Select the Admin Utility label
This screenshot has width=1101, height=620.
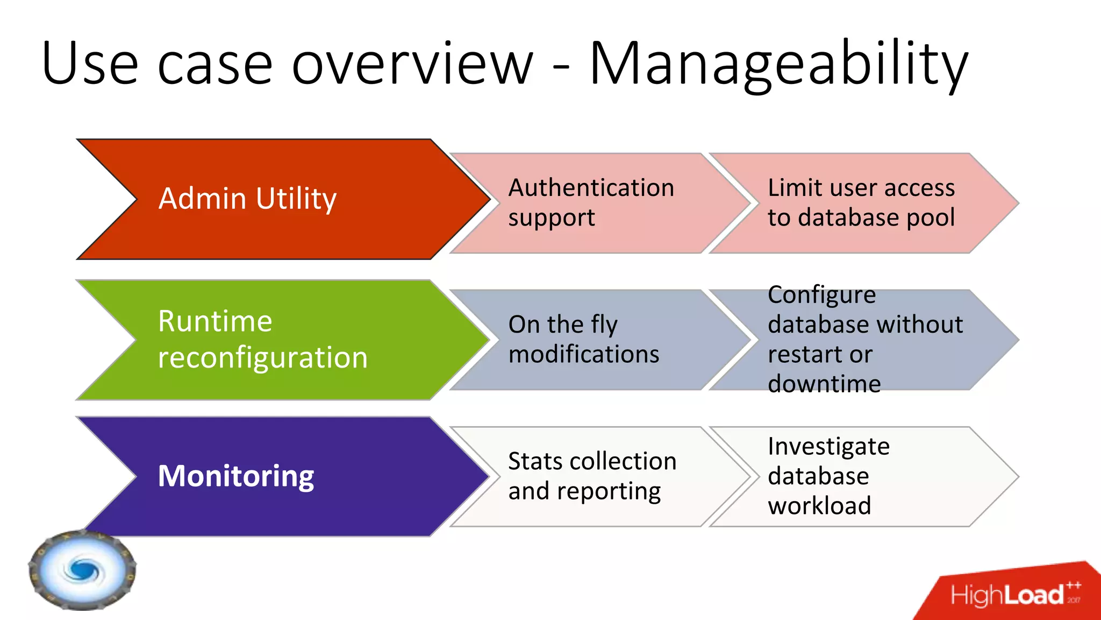click(247, 199)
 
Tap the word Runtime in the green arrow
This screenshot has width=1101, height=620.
click(215, 322)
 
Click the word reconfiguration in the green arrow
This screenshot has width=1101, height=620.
click(262, 358)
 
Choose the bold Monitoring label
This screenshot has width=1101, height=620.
click(235, 476)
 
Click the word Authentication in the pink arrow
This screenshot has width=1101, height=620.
click(591, 188)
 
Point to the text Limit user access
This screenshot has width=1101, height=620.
click(861, 188)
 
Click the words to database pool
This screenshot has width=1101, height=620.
click(861, 217)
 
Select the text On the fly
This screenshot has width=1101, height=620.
click(562, 325)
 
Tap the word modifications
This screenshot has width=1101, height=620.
click(583, 354)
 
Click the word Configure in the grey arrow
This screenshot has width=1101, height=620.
click(821, 295)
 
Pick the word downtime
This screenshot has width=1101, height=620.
click(824, 384)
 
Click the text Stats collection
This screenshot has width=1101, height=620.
click(592, 461)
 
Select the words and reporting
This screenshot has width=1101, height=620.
click(584, 491)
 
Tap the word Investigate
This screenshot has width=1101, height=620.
click(828, 447)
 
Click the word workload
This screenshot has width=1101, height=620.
click(819, 506)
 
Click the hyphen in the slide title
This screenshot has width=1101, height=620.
click(561, 69)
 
